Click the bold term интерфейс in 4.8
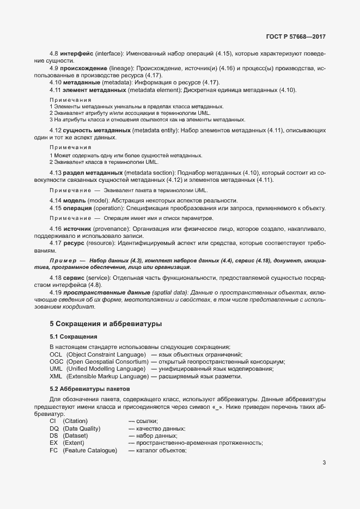click(x=77, y=53)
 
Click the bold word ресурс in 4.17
click(x=73, y=243)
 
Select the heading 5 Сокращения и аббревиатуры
click(x=106, y=323)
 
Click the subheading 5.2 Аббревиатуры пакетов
click(x=90, y=389)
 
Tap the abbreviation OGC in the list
click(x=56, y=361)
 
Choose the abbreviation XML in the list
click(x=56, y=376)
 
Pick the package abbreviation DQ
click(x=54, y=428)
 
